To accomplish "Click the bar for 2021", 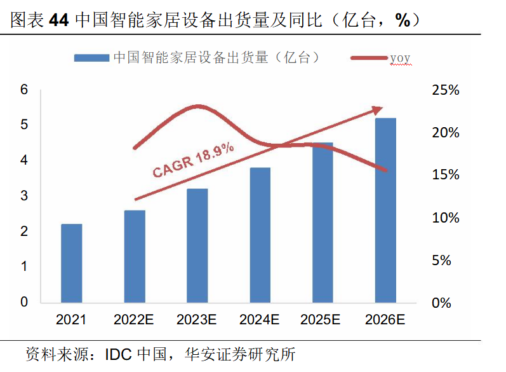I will click(x=72, y=263).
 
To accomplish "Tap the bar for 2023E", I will click(x=197, y=245).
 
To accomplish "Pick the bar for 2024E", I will click(x=260, y=235).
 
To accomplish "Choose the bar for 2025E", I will click(x=323, y=223).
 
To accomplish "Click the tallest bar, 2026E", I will click(x=385, y=210).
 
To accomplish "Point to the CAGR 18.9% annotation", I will click(x=194, y=160).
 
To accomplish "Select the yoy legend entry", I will click(x=400, y=59).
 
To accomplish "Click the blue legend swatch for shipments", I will click(x=91, y=58).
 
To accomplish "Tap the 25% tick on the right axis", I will click(x=445, y=90).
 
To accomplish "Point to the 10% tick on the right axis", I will click(x=445, y=218).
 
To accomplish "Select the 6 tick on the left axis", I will click(x=24, y=90).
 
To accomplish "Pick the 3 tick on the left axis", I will click(x=24, y=196).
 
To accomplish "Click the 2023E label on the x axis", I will click(x=197, y=319).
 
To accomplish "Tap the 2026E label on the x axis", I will click(x=385, y=319).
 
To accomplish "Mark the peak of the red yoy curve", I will click(x=199, y=107).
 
